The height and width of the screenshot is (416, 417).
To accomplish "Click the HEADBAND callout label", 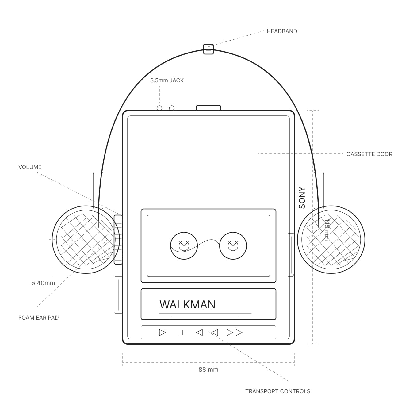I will (x=281, y=31).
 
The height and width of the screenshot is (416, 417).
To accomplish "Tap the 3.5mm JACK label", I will (x=167, y=80).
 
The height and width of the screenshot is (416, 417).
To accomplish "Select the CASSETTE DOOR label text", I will (x=369, y=154).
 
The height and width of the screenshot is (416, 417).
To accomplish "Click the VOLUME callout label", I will (x=30, y=167).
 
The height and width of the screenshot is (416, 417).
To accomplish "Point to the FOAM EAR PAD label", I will (x=38, y=318).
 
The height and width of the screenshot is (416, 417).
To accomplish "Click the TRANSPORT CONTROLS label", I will (x=277, y=391).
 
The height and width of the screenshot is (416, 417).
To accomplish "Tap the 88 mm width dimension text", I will (x=208, y=370).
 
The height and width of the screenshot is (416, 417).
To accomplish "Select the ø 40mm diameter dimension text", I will (x=43, y=283).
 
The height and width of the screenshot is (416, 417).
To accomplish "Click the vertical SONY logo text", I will (x=302, y=198).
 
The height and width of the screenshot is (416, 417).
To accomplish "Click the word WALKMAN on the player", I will (x=187, y=304).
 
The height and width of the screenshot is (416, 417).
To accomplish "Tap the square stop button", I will (x=180, y=332).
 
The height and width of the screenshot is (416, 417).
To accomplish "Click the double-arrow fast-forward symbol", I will (x=235, y=332).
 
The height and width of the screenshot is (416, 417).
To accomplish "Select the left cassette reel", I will (x=184, y=245).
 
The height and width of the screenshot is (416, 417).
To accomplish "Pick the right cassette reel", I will (x=233, y=245).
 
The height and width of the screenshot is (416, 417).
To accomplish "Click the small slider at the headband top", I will (x=208, y=49).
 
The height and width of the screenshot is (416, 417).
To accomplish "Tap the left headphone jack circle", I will (x=159, y=108).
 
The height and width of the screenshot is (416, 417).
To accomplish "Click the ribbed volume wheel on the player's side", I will (x=118, y=240).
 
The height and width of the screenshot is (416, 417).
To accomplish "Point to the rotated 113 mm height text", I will (x=327, y=230).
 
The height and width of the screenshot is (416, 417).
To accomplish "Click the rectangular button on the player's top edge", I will (x=208, y=108).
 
